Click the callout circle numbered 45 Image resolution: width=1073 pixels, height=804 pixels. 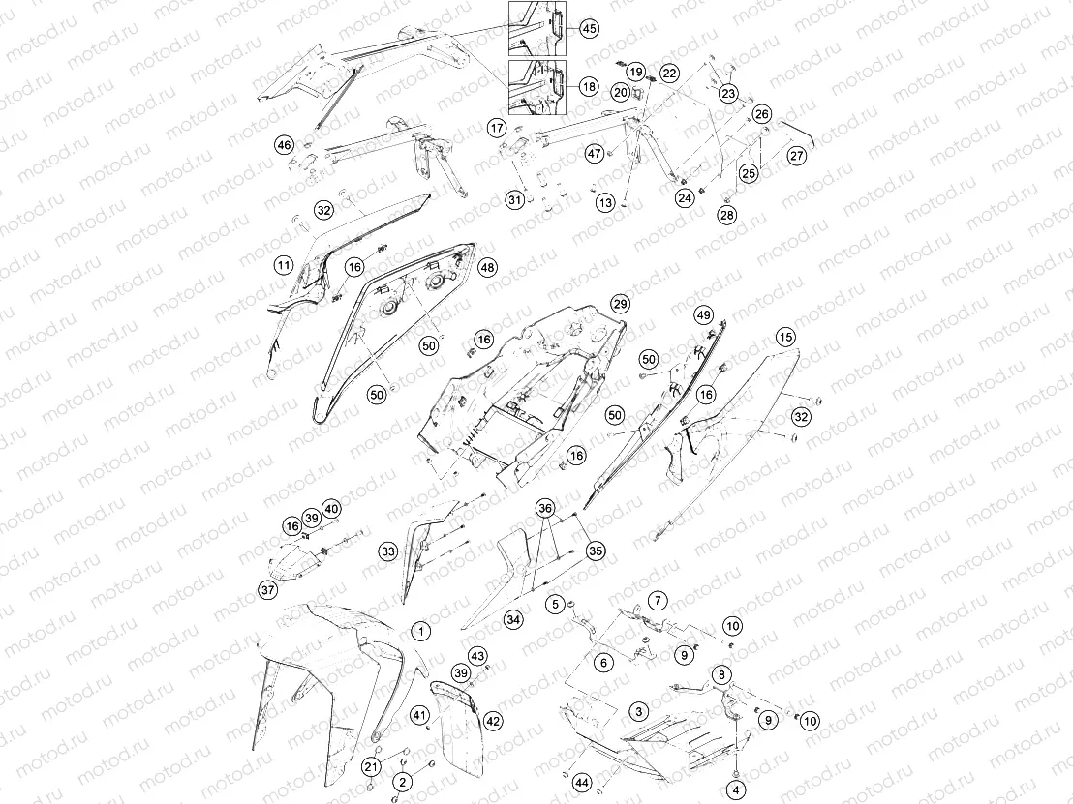click(x=589, y=29)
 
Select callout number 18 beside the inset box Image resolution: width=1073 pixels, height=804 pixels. click(x=589, y=87)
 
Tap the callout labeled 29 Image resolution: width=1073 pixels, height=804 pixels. click(x=620, y=304)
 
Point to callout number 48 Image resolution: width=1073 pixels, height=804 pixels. click(x=487, y=267)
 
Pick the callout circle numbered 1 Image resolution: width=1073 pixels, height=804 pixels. click(x=421, y=631)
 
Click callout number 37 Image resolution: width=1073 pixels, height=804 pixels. click(x=267, y=589)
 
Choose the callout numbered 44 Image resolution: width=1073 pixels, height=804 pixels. click(x=582, y=783)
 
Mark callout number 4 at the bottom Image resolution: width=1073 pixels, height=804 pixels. click(x=736, y=790)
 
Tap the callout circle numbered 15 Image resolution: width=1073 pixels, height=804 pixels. click(x=785, y=337)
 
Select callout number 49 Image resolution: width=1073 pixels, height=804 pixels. click(x=703, y=315)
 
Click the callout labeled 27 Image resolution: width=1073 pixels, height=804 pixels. click(x=797, y=156)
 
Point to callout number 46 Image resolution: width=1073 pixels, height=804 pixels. click(x=284, y=145)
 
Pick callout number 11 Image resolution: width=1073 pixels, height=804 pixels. click(x=284, y=265)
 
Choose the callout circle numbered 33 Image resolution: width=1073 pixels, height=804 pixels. click(x=388, y=551)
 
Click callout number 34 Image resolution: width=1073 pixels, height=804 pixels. click(x=513, y=620)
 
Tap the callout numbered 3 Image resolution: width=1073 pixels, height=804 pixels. click(x=639, y=711)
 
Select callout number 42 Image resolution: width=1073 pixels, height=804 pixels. click(x=493, y=721)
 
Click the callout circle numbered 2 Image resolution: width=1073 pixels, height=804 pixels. click(x=403, y=782)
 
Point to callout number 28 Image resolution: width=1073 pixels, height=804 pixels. click(x=726, y=215)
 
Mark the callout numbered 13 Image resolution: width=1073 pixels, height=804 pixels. click(x=605, y=203)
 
